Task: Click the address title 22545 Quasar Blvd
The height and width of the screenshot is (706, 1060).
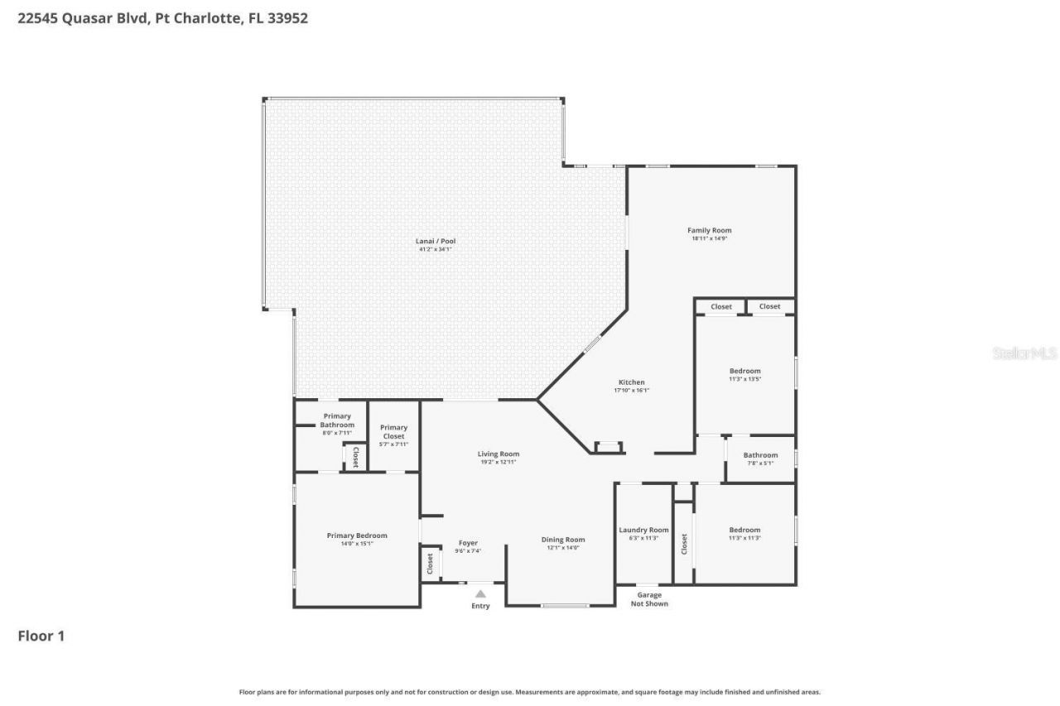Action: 162,17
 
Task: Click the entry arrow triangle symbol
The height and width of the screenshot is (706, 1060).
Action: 480,593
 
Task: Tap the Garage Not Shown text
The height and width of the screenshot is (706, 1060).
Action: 649,599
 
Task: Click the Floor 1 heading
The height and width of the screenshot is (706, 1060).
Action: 41,636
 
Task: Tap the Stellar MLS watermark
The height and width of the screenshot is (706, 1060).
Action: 1024,353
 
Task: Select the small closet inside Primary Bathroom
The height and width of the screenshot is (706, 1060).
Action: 355,457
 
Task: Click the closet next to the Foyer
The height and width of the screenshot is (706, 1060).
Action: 430,564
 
